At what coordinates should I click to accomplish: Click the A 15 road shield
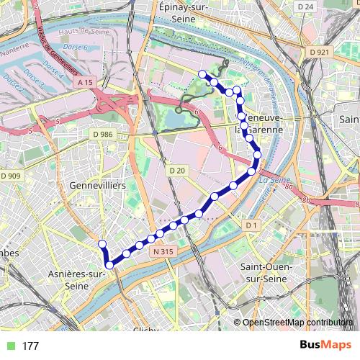tap(84, 83)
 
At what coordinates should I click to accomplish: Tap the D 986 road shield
tap(103, 134)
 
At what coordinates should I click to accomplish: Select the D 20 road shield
tap(176, 170)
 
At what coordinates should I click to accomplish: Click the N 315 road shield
tap(163, 251)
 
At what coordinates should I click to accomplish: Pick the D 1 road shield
tap(251, 226)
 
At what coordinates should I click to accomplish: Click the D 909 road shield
tap(11, 176)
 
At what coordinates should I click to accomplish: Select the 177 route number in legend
tap(30, 346)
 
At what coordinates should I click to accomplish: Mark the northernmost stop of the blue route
tap(202, 74)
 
